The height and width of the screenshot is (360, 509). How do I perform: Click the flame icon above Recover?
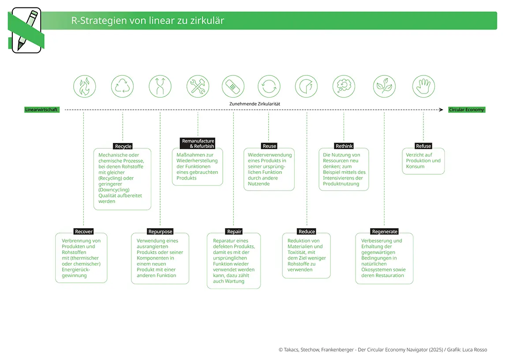(x=84, y=86)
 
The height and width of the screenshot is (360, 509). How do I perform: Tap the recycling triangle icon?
(x=122, y=86)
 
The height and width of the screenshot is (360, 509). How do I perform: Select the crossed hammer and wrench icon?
(x=198, y=86)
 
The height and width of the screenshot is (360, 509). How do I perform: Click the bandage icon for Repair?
(x=233, y=86)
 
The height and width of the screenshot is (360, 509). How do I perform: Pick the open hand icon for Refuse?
(x=423, y=86)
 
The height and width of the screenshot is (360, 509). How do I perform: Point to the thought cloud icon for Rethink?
(x=344, y=86)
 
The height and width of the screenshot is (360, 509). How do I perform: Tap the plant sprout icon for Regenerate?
(x=384, y=86)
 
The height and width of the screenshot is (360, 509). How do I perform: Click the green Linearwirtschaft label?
(x=42, y=109)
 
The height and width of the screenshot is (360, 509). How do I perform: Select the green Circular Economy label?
(x=467, y=109)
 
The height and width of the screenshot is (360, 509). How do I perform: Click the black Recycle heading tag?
(x=123, y=146)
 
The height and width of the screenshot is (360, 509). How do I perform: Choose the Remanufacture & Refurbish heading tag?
(x=198, y=143)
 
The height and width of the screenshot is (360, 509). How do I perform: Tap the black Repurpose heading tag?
(x=160, y=232)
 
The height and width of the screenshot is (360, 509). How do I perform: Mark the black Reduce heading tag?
(x=307, y=232)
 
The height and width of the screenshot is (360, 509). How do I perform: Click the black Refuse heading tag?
(x=423, y=146)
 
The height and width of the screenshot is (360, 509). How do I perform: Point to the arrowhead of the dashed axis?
(x=441, y=109)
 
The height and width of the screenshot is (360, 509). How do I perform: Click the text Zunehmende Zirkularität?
(x=254, y=104)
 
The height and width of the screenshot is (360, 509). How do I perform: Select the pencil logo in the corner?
(x=26, y=30)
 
